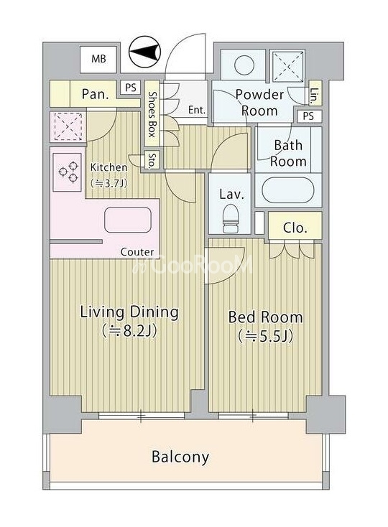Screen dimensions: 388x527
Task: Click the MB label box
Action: (x=98, y=59)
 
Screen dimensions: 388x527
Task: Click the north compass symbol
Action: (x=145, y=52)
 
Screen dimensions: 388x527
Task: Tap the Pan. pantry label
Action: (x=96, y=95)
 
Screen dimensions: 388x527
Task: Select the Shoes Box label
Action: (x=152, y=114)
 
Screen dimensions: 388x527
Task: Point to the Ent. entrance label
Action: (x=197, y=110)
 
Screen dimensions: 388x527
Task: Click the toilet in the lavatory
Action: (x=231, y=218)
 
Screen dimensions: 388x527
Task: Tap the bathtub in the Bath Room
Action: (x=288, y=190)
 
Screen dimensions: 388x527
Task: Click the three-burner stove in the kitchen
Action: (x=68, y=172)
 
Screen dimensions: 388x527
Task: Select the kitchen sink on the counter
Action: (x=128, y=220)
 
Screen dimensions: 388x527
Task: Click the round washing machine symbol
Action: (x=244, y=65)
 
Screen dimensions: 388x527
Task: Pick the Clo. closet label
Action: (x=295, y=228)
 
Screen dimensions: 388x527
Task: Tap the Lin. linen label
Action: (x=315, y=95)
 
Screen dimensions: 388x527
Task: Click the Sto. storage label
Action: (x=152, y=161)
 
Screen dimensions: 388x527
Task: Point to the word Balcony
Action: (x=180, y=457)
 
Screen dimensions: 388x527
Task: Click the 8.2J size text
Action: (x=129, y=331)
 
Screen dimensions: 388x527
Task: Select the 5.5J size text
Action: (x=266, y=337)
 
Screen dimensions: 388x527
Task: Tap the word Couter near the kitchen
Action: (x=137, y=252)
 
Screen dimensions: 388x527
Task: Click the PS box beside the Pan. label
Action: (x=131, y=88)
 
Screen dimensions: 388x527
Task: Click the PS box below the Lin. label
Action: (x=308, y=116)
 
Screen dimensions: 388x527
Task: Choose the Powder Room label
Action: (x=259, y=103)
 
